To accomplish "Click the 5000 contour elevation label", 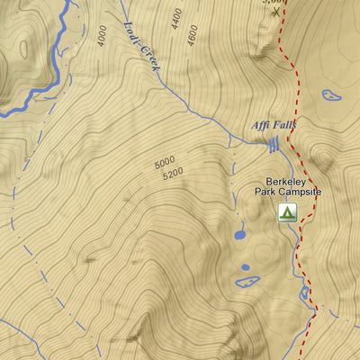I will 165,165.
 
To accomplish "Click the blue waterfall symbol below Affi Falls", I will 272,144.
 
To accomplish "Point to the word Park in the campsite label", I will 266,193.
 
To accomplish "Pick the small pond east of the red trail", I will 330,94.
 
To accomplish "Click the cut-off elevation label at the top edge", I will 274,3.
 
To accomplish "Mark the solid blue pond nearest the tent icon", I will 240,236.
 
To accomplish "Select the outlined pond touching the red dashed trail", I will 305,293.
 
